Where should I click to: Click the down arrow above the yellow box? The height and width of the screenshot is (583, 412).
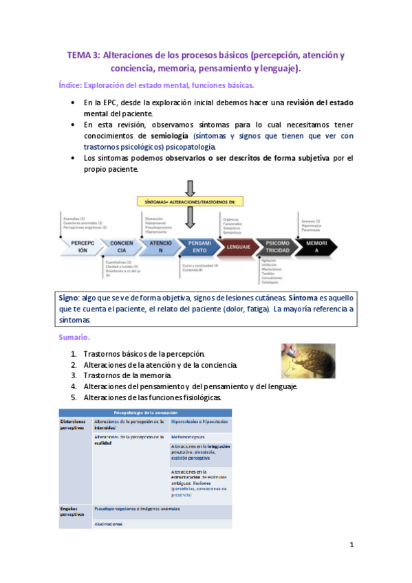(191, 188)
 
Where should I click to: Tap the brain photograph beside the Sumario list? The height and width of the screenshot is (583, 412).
(308, 360)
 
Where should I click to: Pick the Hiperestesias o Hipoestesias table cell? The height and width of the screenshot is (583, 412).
(200, 421)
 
